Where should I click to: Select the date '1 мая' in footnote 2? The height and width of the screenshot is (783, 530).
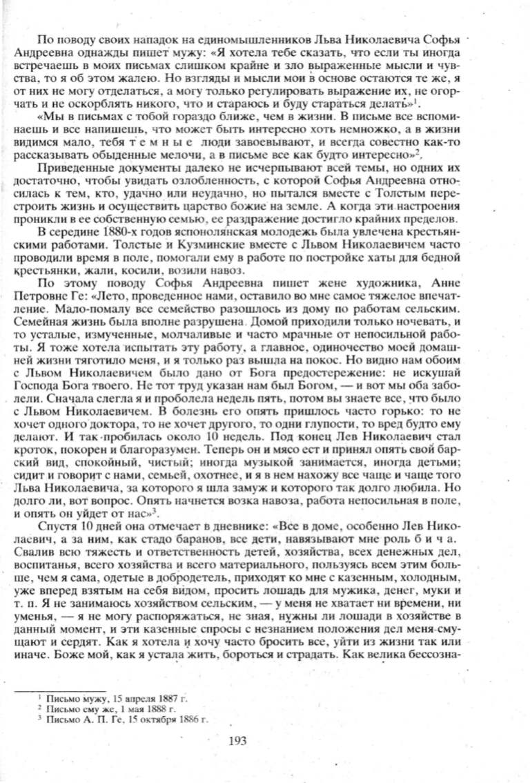click(123, 709)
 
